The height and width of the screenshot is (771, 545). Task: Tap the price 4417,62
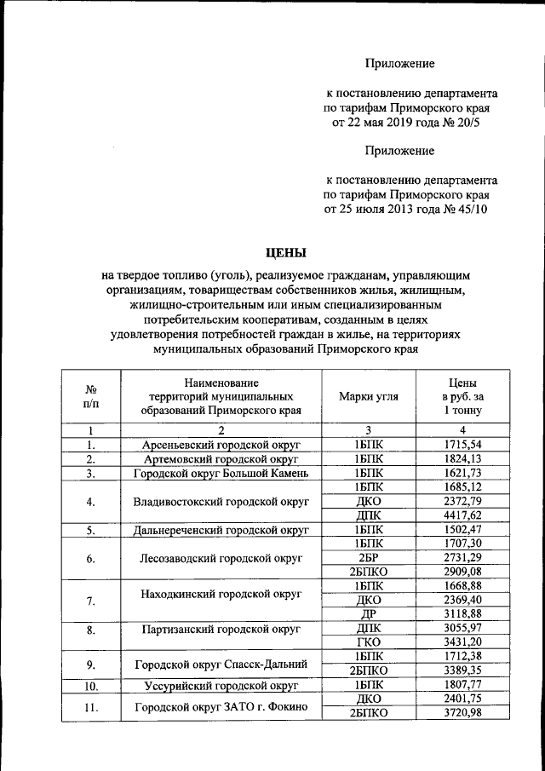pyautogui.click(x=463, y=515)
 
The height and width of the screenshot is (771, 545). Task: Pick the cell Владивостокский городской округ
pyautogui.click(x=220, y=501)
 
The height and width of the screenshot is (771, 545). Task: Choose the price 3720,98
pyautogui.click(x=463, y=712)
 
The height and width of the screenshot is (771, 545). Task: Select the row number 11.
pyautogui.click(x=90, y=706)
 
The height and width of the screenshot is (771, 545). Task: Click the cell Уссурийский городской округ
pyautogui.click(x=220, y=685)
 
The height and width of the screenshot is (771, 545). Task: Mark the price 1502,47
pyautogui.click(x=463, y=530)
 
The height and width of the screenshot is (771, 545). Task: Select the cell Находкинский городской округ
pyautogui.click(x=220, y=592)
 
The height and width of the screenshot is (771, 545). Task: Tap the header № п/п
pyautogui.click(x=90, y=396)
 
